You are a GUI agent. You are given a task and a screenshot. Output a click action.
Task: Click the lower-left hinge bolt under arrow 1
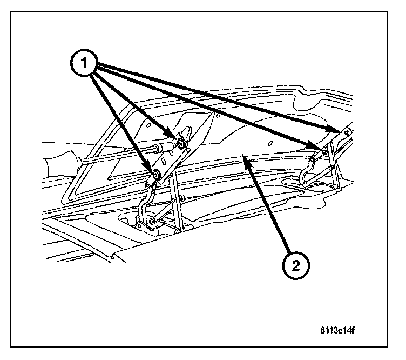[x=155, y=174]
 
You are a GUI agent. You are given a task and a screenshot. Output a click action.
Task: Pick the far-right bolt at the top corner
[x=346, y=132]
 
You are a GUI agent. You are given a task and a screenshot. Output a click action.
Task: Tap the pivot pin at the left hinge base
[x=155, y=222]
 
